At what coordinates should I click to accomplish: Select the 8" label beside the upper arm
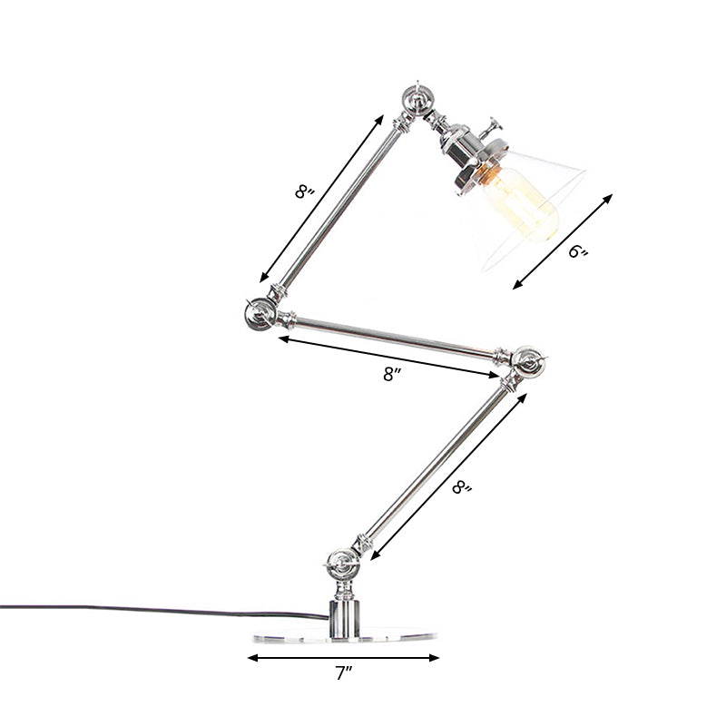click(304, 191)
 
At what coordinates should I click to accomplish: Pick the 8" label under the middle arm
click(391, 373)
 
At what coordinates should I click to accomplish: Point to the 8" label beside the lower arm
click(463, 487)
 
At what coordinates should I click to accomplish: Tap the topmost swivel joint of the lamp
click(416, 98)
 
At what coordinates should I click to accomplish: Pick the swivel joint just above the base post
click(343, 564)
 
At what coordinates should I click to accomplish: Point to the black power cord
click(136, 610)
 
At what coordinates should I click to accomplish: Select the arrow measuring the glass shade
click(563, 240)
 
